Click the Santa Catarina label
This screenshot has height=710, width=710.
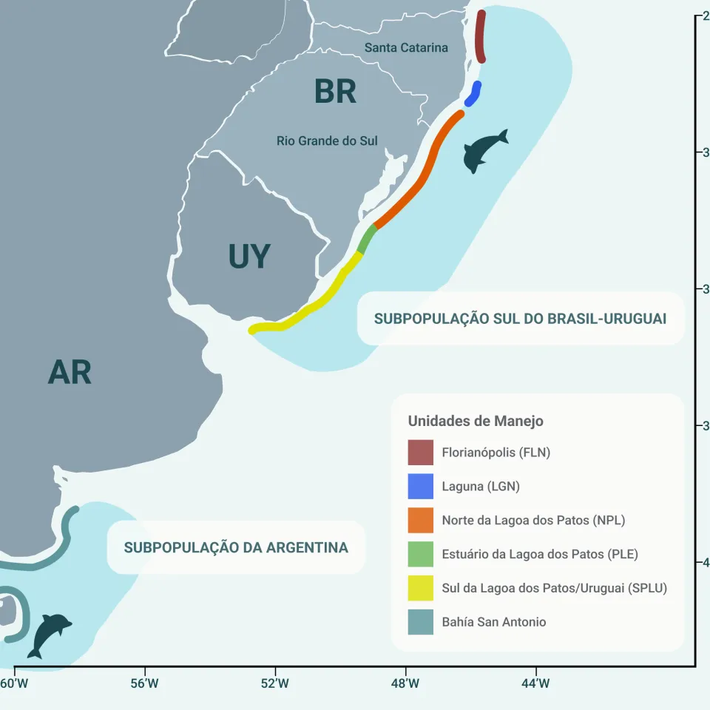[406, 48]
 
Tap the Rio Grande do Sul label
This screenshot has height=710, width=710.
[327, 141]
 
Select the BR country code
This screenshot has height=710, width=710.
[335, 92]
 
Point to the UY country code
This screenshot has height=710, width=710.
[249, 257]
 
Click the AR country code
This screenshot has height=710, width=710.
[70, 373]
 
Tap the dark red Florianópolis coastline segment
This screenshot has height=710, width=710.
[480, 37]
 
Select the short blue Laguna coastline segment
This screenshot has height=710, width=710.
[473, 94]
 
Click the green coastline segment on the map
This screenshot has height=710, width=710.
[367, 239]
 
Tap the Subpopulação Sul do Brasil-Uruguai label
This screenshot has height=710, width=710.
[520, 319]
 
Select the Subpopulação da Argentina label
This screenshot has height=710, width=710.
[236, 548]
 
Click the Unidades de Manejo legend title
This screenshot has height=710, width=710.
[476, 421]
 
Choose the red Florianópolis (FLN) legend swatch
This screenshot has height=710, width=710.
[420, 452]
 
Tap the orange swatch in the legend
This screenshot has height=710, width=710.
[420, 520]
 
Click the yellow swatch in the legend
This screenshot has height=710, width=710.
[420, 588]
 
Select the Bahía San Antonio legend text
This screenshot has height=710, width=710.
[494, 622]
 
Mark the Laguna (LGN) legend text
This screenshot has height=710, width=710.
[481, 487]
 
